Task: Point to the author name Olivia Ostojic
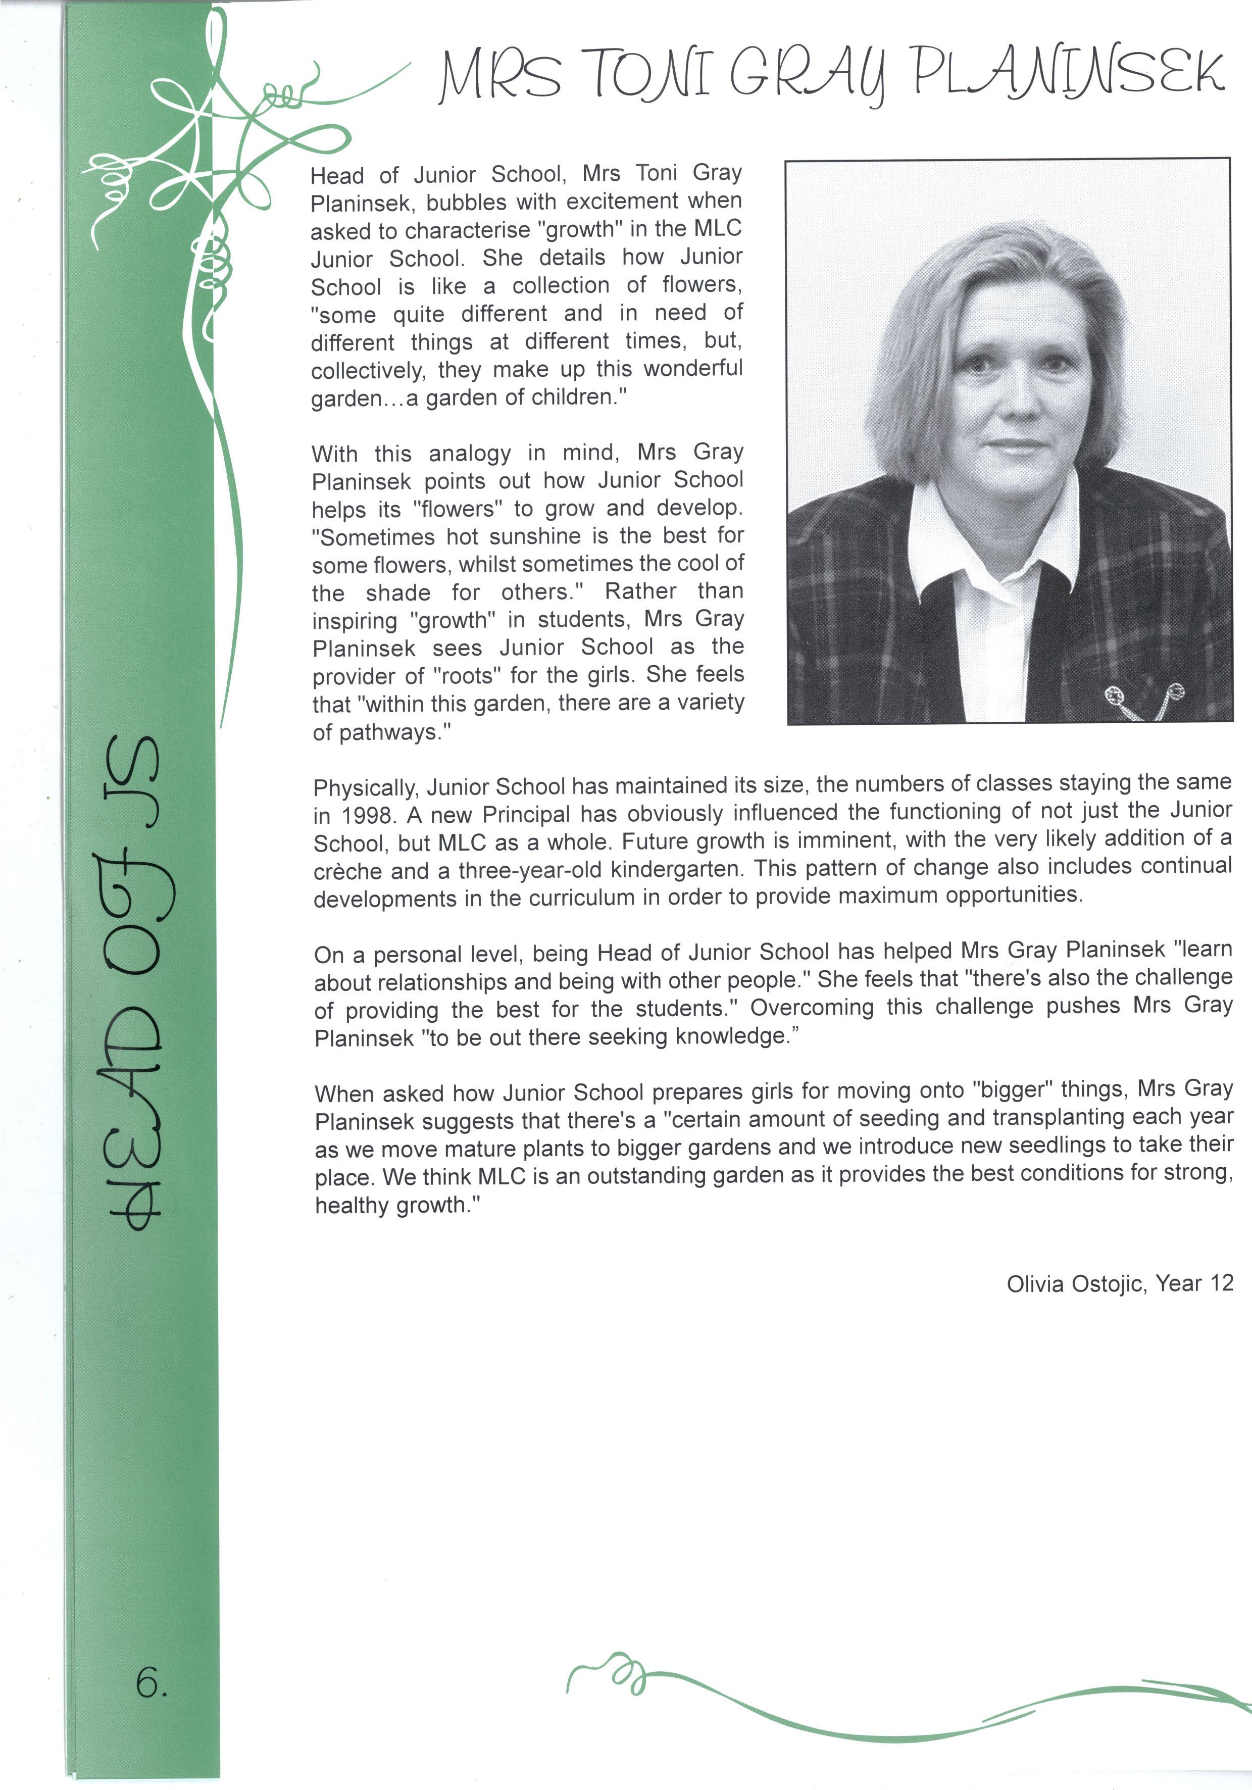click(x=1075, y=1283)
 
